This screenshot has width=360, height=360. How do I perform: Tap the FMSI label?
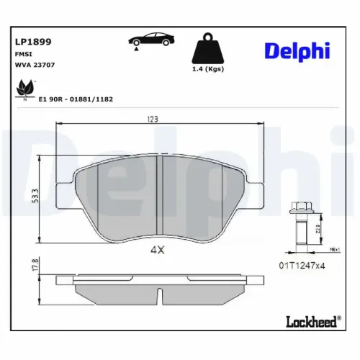23,54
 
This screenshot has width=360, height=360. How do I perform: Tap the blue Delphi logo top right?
296,51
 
